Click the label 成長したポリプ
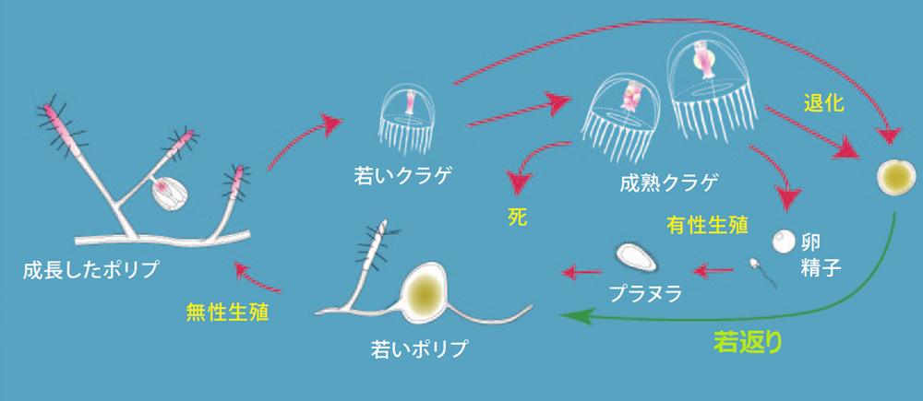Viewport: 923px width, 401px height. coord(92,270)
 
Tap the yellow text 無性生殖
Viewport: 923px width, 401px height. coord(228,311)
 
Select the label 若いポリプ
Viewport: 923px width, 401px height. coord(419,349)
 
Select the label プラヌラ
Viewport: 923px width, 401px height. coord(645,294)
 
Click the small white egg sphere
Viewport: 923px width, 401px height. coord(783,242)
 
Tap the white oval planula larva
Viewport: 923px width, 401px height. coord(635,254)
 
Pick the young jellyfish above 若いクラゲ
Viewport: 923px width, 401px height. coord(406,120)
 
